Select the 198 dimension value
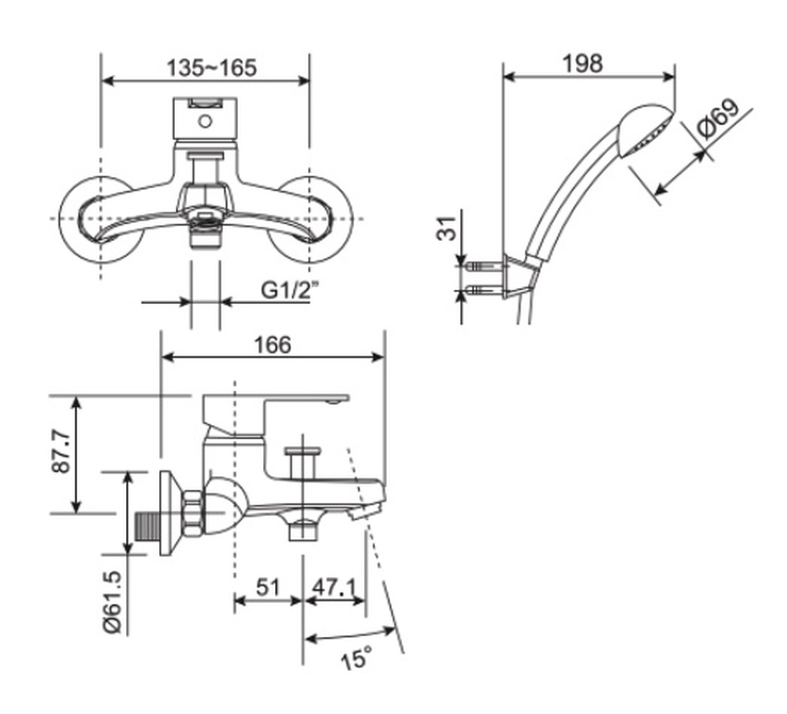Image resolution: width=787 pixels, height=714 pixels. tap(583, 63)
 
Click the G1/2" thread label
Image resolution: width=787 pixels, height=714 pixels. tap(288, 290)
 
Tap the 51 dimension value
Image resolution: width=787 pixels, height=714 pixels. tap(268, 587)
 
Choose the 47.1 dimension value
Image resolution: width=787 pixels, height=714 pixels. tap(333, 587)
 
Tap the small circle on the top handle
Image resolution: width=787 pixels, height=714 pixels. tap(205, 119)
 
